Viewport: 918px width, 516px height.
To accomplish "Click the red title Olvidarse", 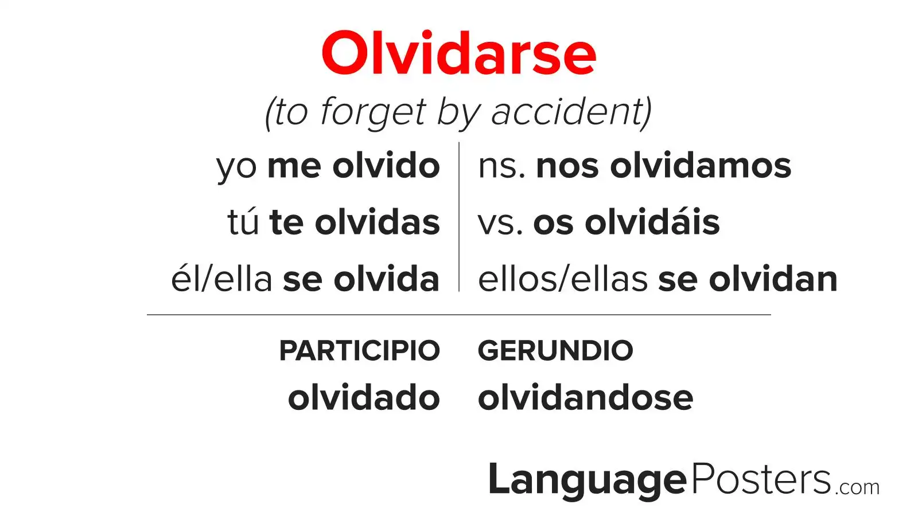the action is [x=458, y=53].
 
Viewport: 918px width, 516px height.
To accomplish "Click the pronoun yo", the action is [x=236, y=168].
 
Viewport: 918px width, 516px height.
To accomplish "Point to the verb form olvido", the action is [x=386, y=166].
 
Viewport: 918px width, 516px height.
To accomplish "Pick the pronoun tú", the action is [x=243, y=221].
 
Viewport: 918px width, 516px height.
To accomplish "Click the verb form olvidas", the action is [x=378, y=222].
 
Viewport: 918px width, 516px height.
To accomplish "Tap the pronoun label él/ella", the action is [x=221, y=279].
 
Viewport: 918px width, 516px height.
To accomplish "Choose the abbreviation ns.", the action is [x=501, y=168].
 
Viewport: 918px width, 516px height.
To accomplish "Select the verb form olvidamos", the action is [x=701, y=166].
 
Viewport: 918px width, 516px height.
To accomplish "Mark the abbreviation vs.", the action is [x=500, y=224].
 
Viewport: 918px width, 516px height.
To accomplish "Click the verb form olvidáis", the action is [x=652, y=222].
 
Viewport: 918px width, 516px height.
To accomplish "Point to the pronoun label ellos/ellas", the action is [x=563, y=279].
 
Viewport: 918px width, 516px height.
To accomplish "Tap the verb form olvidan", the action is [x=773, y=279].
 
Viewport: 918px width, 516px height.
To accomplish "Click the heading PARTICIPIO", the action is [x=359, y=350].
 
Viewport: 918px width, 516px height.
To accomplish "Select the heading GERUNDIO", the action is [x=556, y=350].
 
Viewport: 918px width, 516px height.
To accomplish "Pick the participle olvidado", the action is [x=364, y=397].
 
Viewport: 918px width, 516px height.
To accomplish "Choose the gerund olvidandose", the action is [x=586, y=397].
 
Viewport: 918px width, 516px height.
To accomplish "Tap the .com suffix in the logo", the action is [x=857, y=487].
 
